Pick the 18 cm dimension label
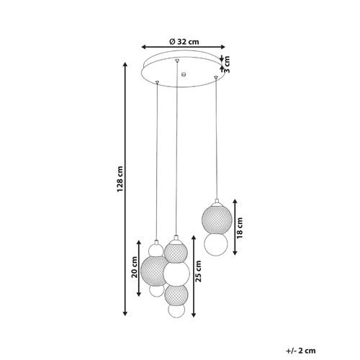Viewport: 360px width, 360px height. tap(239, 228)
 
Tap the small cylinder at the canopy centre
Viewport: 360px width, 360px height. tap(183, 73)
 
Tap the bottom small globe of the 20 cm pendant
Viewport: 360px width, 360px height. tap(156, 291)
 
